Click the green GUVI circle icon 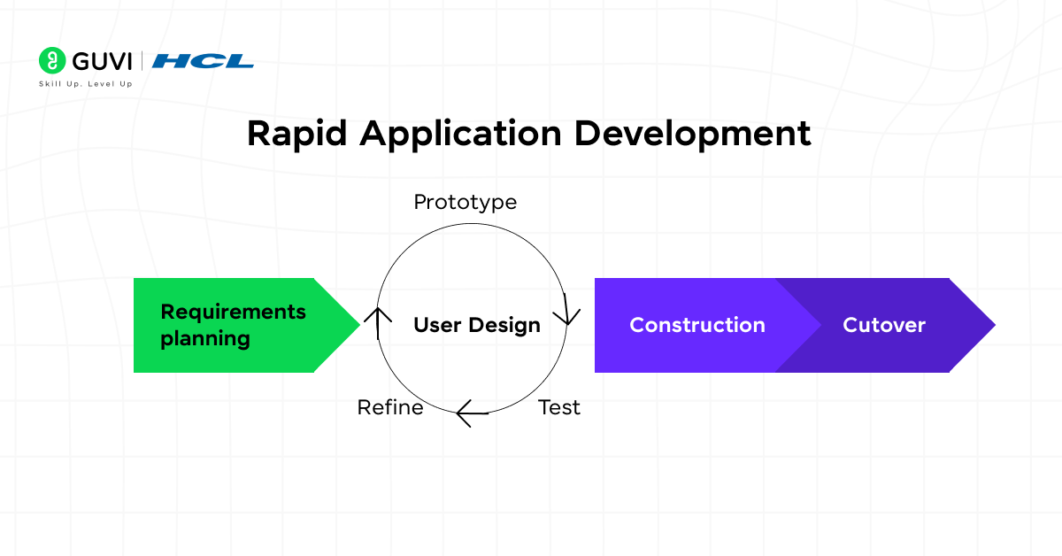(x=53, y=61)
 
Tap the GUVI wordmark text (x=101, y=61)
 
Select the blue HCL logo (x=203, y=61)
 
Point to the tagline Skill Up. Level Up (x=86, y=84)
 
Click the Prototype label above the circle (x=465, y=202)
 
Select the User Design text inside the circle (x=476, y=325)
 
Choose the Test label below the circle (x=559, y=407)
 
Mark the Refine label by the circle (x=389, y=407)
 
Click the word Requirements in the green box (x=233, y=312)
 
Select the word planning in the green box (x=204, y=338)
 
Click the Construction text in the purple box (x=696, y=325)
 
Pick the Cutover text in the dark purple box (x=883, y=325)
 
